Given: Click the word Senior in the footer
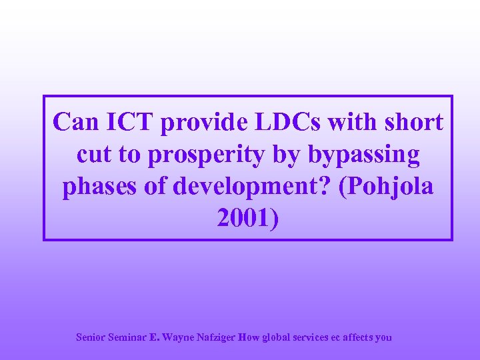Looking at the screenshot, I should coord(90,337).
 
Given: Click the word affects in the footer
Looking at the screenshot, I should coord(360,337).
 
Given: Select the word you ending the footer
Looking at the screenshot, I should coord(384,338).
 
